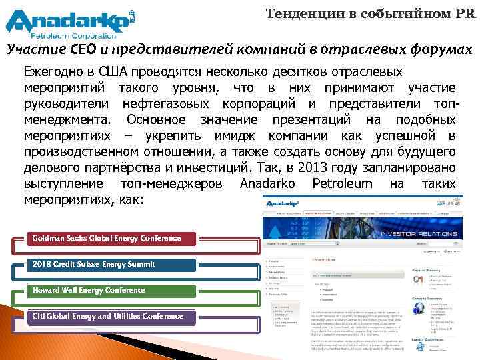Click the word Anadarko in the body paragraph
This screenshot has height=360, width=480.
[267, 183]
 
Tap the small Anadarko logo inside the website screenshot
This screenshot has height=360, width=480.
[280, 202]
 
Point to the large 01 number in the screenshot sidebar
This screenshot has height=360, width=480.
[418, 279]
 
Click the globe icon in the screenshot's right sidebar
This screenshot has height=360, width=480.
[418, 308]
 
